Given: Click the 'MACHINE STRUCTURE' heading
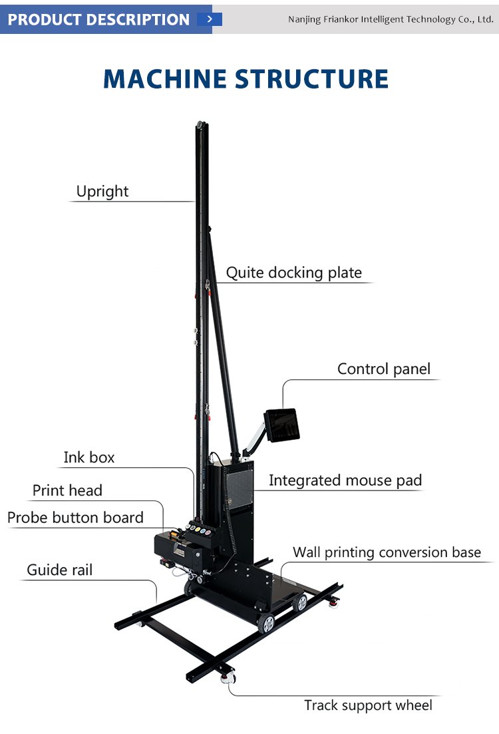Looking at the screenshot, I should pos(246,79).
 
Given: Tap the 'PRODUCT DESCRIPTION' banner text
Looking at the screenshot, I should pos(98,19).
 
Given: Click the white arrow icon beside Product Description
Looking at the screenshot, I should pos(210,19).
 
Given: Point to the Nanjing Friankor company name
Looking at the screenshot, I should pos(391,19).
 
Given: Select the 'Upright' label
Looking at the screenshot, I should pos(102,192).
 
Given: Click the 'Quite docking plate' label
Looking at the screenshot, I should pos(293,272).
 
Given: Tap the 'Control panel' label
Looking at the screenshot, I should pos(384,369).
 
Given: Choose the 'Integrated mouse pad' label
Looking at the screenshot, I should pos(345,480).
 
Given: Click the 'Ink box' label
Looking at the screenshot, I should pos(89,457).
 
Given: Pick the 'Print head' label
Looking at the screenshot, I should pos(67,490).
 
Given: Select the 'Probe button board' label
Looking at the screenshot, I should pos(75,518).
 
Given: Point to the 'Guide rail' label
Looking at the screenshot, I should pos(60,570).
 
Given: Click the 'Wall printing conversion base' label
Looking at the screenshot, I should pos(387,552).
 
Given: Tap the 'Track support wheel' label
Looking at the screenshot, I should pos(368,705).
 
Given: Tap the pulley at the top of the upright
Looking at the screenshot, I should pos(199,124).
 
